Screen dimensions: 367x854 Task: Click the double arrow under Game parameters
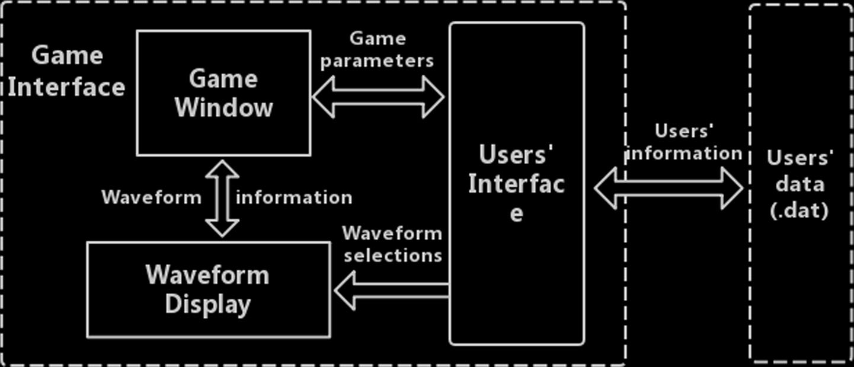tap(378, 97)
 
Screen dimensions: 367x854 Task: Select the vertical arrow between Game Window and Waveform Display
tap(222, 198)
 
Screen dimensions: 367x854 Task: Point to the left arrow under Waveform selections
tap(391, 290)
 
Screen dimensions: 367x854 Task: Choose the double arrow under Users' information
tap(669, 188)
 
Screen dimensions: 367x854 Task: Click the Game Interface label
tap(66, 71)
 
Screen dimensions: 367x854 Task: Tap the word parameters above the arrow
tap(378, 60)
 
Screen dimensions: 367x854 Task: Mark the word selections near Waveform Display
tap(393, 256)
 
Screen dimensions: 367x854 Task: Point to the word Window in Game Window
tap(224, 108)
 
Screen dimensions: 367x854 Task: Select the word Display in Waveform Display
tap(208, 304)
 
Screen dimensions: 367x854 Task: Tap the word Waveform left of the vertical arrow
tap(152, 197)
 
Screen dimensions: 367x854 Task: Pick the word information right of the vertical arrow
tap(294, 197)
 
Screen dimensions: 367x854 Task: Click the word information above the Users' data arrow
tap(684, 154)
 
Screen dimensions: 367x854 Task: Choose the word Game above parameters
tap(378, 39)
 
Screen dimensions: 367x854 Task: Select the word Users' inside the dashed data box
tap(800, 158)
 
